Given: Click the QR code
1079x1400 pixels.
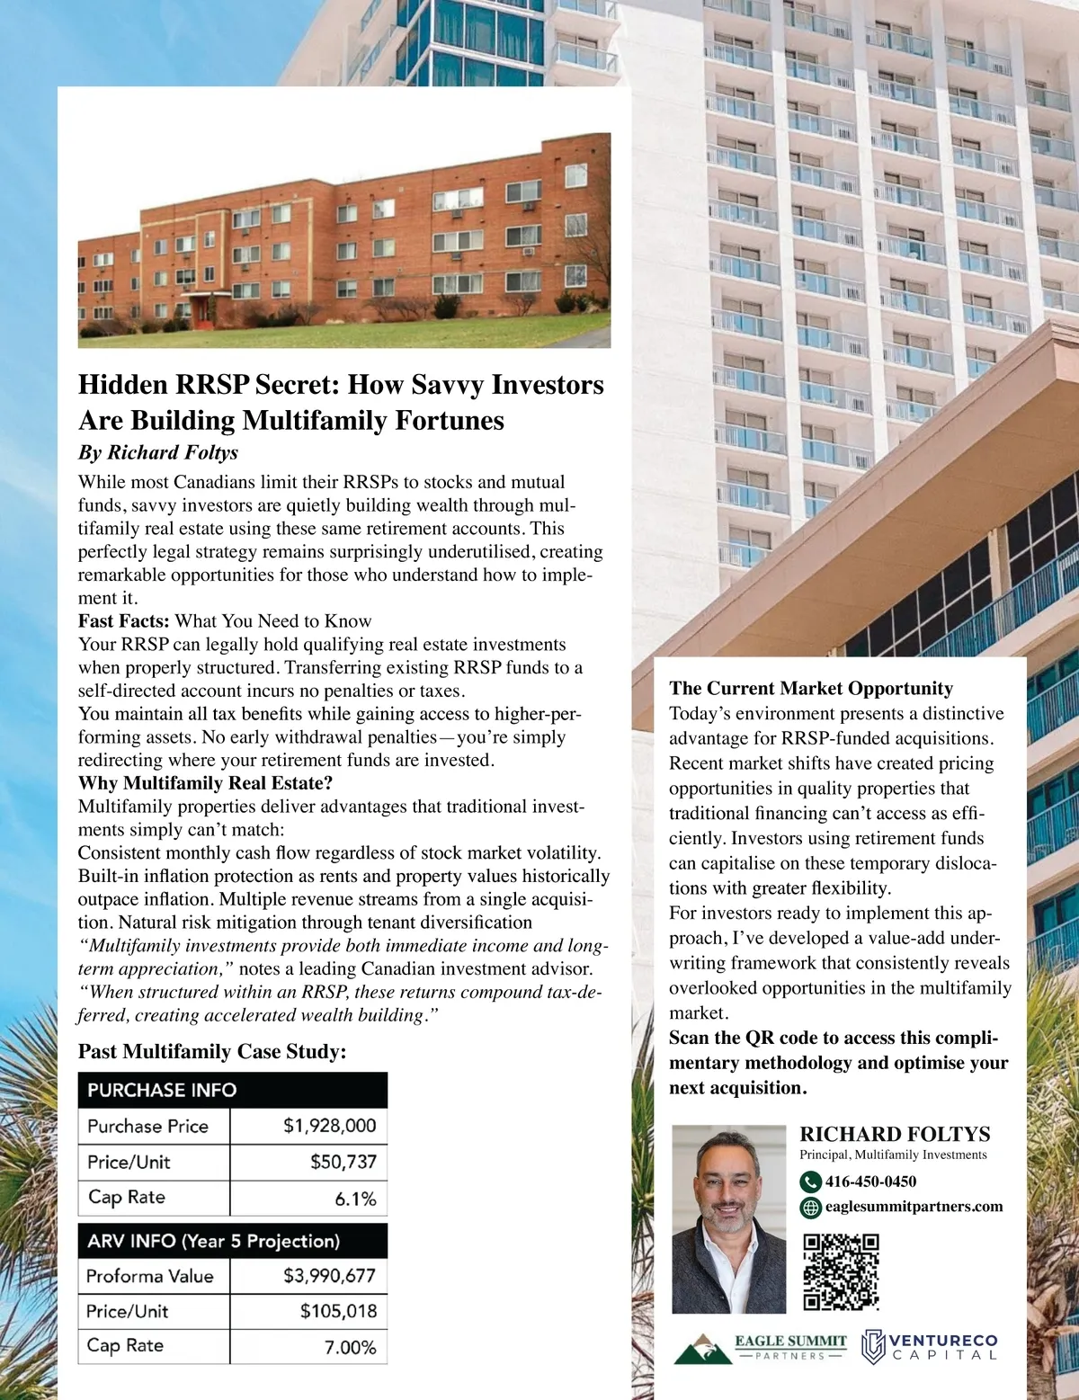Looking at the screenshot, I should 840,1271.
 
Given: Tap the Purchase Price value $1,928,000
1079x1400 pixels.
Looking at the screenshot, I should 329,1126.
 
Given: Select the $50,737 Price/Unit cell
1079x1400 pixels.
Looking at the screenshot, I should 343,1162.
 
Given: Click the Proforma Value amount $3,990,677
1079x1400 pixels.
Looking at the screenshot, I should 329,1275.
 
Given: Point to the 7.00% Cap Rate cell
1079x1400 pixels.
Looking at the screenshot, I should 350,1347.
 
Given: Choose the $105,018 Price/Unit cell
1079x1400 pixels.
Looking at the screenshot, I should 338,1311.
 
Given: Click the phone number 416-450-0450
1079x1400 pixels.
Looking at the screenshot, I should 870,1182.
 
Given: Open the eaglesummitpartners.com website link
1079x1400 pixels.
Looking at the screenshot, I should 914,1207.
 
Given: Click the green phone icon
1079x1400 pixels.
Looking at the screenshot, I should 810,1182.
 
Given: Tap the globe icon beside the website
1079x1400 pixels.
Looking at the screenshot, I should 810,1208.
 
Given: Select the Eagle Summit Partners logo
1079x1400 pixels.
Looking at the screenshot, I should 762,1346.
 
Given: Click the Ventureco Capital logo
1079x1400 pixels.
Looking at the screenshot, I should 929,1346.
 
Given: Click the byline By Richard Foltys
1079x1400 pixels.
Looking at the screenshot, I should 158,451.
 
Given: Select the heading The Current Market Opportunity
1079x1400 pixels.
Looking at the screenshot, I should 810,689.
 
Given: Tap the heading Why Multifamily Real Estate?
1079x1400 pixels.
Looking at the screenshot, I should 205,782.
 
